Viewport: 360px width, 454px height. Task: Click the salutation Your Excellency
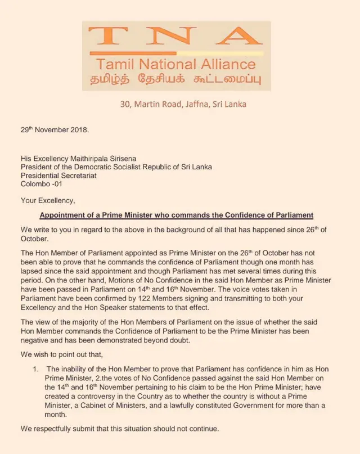click(47, 200)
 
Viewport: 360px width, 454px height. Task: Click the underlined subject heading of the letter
click(176, 215)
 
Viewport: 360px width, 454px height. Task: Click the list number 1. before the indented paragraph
click(35, 369)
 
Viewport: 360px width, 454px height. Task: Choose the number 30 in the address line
click(124, 104)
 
